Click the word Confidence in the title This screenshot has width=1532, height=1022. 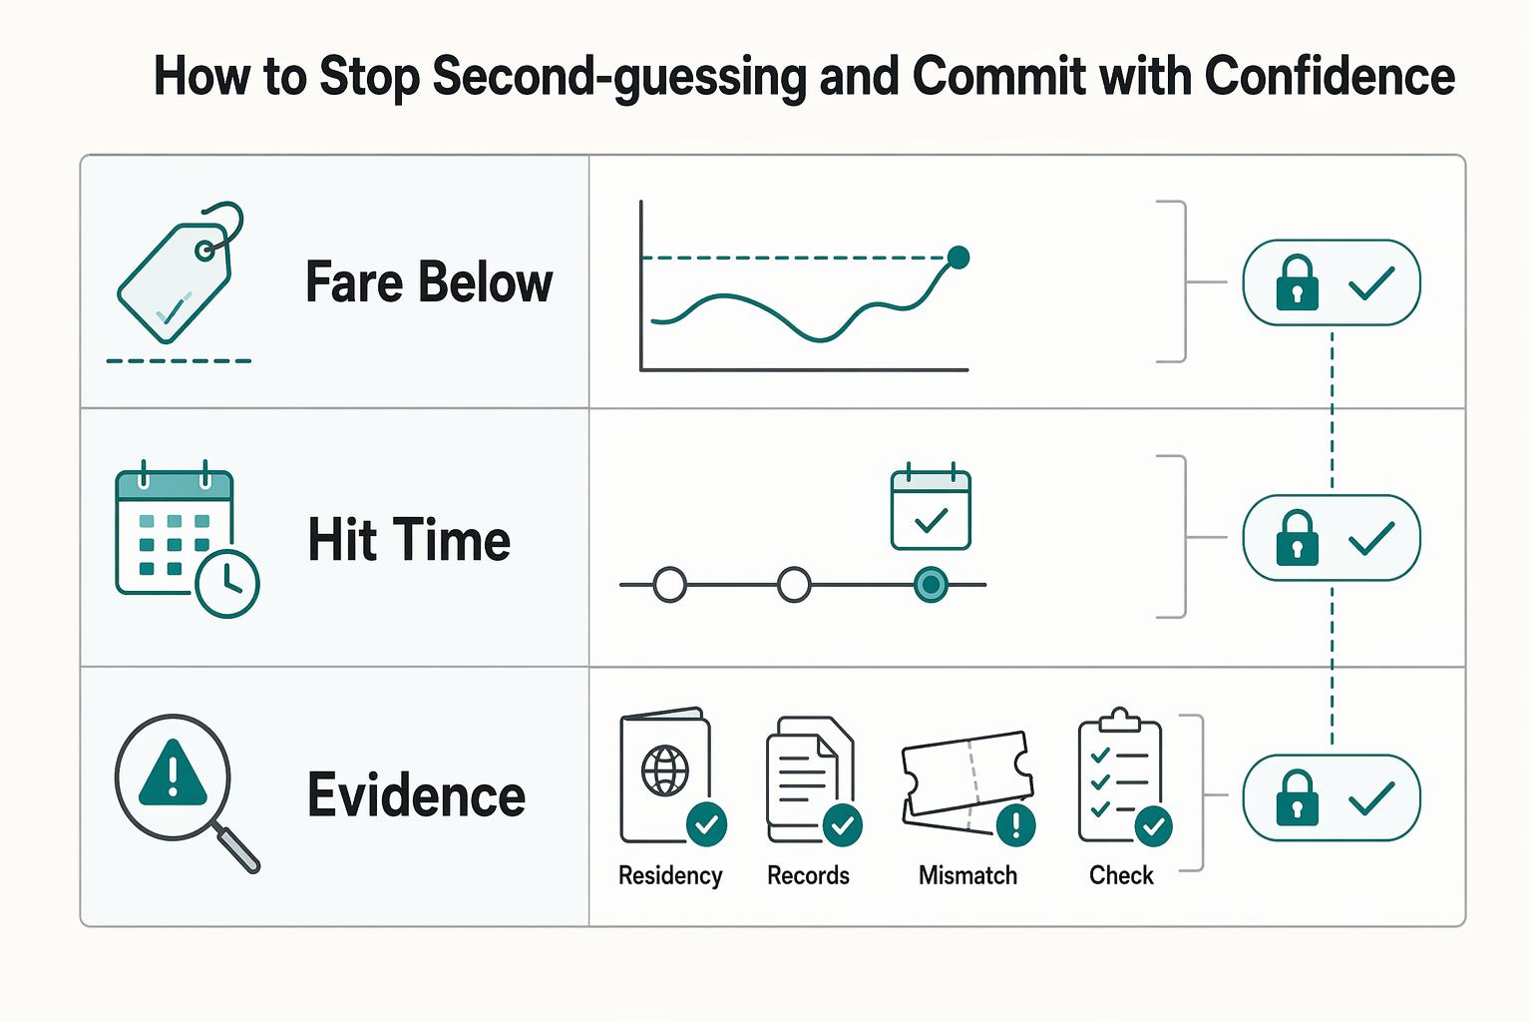click(x=1330, y=76)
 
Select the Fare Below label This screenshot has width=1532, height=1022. click(x=429, y=281)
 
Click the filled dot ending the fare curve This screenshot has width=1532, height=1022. click(x=958, y=257)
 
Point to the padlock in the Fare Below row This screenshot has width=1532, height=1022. click(x=1297, y=282)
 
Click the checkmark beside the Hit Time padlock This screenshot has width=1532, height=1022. click(x=1371, y=538)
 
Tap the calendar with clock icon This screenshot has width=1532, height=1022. click(x=187, y=539)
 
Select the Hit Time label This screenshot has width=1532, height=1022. click(x=409, y=539)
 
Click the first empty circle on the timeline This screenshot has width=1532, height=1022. click(x=669, y=585)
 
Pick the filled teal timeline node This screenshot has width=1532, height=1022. click(x=931, y=585)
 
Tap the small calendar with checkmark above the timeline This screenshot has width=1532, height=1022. click(x=931, y=506)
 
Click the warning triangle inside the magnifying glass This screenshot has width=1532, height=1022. click(x=173, y=772)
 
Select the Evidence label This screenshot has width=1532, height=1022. click(x=417, y=794)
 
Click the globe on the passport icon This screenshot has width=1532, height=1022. click(x=665, y=770)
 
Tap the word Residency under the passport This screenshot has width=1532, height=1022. click(x=670, y=875)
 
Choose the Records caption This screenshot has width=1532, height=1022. click(x=809, y=875)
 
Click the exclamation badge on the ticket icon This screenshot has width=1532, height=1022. click(x=1015, y=825)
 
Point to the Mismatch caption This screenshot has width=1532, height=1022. click(x=967, y=875)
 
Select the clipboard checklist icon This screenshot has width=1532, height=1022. click(x=1122, y=776)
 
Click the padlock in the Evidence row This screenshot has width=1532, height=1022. click(x=1297, y=797)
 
